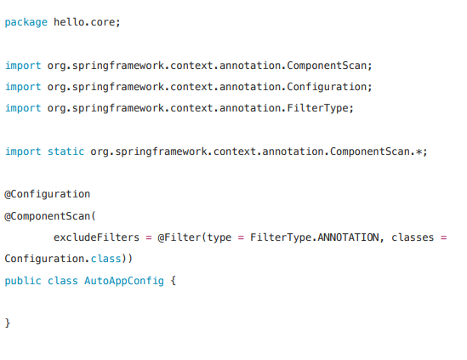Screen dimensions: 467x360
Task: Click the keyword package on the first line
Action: click(x=26, y=23)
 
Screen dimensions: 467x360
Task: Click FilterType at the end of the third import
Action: click(x=317, y=108)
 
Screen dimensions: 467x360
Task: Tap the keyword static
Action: click(x=65, y=151)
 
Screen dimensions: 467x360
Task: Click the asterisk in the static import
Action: click(x=419, y=152)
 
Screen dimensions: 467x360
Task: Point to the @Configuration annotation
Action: click(x=47, y=194)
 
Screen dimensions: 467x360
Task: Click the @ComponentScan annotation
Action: click(x=47, y=216)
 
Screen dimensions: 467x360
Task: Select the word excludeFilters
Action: click(x=96, y=237)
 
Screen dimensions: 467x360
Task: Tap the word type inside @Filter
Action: click(x=219, y=237)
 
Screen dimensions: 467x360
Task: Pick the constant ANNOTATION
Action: click(x=348, y=237)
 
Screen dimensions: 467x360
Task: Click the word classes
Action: click(x=413, y=237)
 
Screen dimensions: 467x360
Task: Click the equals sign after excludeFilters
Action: click(x=148, y=237)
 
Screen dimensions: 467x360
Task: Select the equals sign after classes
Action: click(x=444, y=237)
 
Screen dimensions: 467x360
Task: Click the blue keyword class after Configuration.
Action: click(x=105, y=259)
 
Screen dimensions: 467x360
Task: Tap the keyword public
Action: click(x=23, y=281)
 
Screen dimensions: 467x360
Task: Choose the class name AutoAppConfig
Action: click(x=124, y=281)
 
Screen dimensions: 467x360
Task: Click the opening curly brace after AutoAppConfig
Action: click(x=174, y=281)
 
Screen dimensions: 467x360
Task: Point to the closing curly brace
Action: click(x=8, y=323)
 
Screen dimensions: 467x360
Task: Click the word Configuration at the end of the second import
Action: click(x=327, y=87)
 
